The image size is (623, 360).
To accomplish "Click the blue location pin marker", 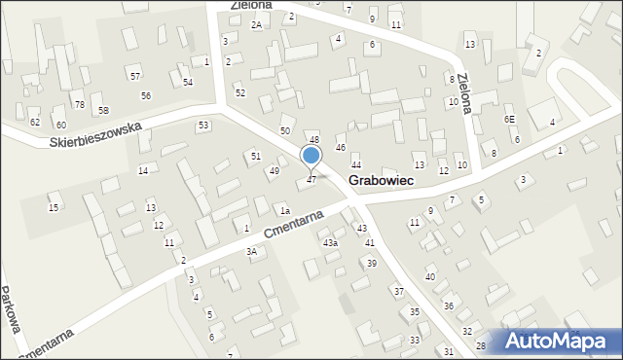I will [311, 156].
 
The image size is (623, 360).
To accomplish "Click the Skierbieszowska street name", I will [95, 134].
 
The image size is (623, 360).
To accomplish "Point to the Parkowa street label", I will [13, 310].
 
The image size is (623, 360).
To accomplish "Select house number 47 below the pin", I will [311, 180].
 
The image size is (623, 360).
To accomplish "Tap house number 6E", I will [509, 119].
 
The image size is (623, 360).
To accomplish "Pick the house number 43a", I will [331, 242].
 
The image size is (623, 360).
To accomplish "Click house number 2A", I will [256, 24].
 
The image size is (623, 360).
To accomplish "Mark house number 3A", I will [251, 252].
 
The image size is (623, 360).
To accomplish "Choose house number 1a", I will [285, 211].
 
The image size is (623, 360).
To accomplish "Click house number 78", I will [80, 105].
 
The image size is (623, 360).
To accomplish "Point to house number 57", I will [135, 76].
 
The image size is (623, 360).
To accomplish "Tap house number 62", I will [35, 123].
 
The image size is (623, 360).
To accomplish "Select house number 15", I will [54, 208].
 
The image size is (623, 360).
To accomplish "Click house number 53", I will [203, 126].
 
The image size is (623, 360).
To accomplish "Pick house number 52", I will [240, 92].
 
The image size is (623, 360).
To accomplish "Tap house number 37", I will [398, 292].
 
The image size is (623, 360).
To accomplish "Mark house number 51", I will [256, 156].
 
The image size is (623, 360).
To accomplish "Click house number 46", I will [341, 147].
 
